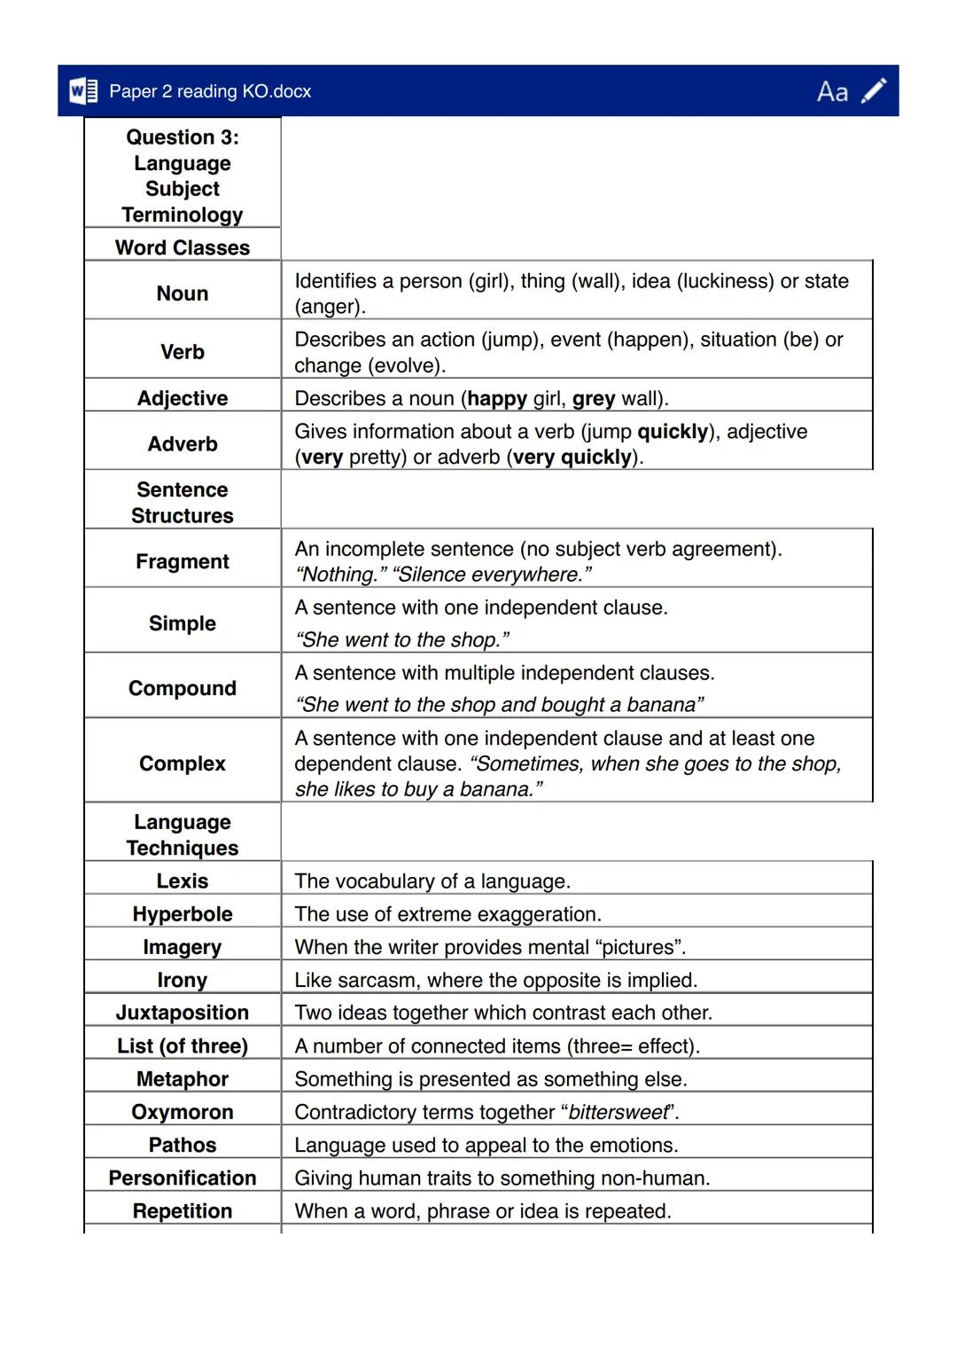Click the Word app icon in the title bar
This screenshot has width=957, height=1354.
pos(83,91)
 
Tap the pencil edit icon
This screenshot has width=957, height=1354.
pos(874,91)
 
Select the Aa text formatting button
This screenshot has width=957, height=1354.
pos(832,92)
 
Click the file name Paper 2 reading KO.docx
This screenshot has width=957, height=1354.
pos(210,91)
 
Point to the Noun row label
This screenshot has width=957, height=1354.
pos(183,293)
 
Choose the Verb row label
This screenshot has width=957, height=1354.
pos(183,352)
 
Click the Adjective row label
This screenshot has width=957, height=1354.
pos(183,398)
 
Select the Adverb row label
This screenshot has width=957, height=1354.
pos(183,443)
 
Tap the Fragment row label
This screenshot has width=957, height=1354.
pos(183,561)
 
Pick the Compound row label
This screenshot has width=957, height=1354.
pos(183,688)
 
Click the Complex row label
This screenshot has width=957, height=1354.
pos(183,763)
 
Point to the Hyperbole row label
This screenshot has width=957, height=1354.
pos(183,914)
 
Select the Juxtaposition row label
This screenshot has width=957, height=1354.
pos(183,1013)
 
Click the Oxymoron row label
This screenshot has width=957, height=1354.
pos(183,1112)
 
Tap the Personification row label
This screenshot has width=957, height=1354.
pos(183,1178)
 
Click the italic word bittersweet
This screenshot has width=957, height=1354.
pos(618,1112)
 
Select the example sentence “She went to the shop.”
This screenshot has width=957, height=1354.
pos(401,639)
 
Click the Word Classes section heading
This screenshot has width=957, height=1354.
pos(183,247)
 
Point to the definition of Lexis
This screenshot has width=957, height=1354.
pos(432,881)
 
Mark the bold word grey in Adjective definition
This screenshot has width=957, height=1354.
pos(594,399)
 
